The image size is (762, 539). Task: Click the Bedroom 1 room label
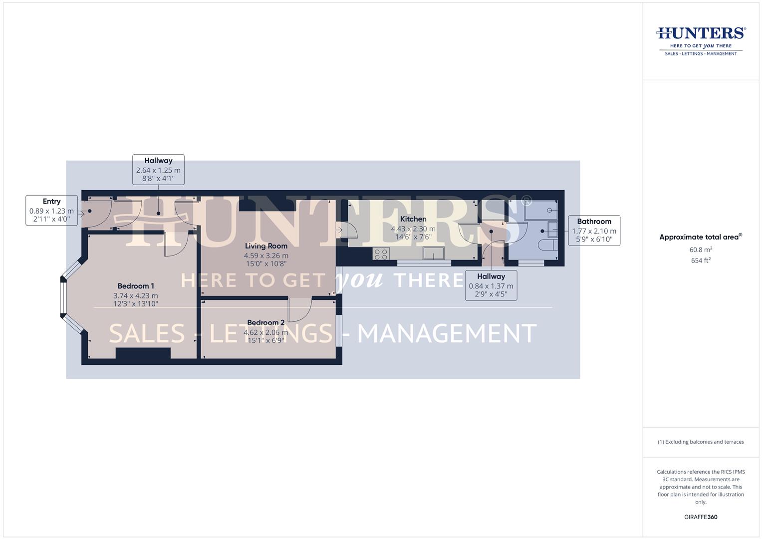136,286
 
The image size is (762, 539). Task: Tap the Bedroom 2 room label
265,322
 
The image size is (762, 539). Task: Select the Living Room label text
266,246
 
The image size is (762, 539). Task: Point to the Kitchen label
413,219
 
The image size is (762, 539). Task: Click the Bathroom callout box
594,231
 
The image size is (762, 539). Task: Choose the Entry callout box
51,210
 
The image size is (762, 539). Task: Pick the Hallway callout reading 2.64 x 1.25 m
158,169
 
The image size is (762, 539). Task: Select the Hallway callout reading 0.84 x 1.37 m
491,285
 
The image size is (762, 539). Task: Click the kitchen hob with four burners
381,254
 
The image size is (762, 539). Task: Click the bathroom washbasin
552,230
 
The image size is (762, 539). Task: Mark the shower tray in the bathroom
541,210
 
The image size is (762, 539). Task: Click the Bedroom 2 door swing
300,309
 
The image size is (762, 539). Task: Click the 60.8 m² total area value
701,250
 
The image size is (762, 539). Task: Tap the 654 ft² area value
701,261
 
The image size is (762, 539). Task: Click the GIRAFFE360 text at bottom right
701,517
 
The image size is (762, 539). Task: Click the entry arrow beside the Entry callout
81,215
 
